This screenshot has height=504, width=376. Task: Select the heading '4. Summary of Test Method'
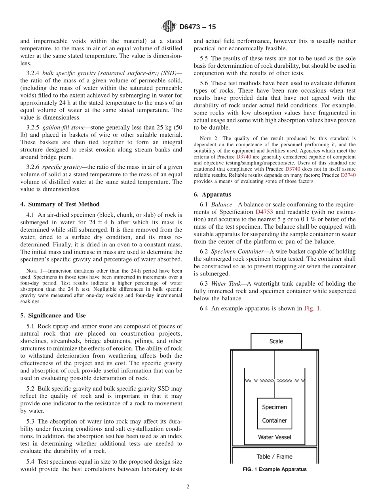tap(60, 204)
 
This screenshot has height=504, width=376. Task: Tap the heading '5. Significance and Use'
tap(53, 315)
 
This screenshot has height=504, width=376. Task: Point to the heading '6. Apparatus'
tap(212, 195)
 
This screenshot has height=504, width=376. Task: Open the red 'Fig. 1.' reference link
tap(312, 308)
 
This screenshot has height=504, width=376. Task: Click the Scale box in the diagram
tap(276, 341)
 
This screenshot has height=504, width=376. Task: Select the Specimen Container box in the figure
tap(274, 414)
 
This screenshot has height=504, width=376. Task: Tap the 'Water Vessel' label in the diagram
tap(274, 437)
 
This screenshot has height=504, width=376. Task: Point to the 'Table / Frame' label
tap(274, 456)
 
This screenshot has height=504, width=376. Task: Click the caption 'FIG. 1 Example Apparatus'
tap(274, 469)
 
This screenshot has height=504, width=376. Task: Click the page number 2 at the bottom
tap(188, 487)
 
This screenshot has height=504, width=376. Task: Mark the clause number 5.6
tap(205, 83)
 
